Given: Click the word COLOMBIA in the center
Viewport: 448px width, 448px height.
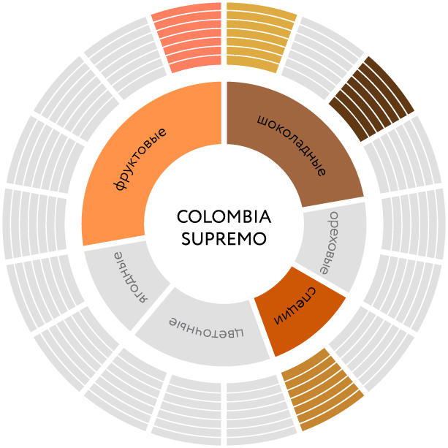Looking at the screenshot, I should click(x=224, y=217).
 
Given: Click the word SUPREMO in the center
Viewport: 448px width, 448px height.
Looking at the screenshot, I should click(x=224, y=239).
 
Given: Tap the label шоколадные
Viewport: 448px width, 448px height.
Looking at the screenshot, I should click(x=292, y=145).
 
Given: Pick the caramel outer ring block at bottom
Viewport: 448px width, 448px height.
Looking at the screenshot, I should click(x=322, y=387).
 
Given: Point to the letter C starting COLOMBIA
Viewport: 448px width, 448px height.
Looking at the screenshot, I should click(x=183, y=217).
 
